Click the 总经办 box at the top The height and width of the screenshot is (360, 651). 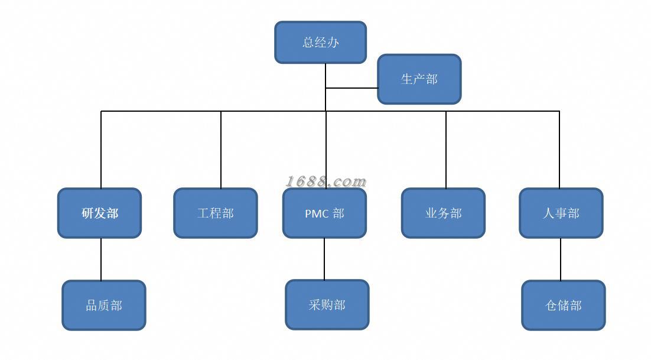point(320,43)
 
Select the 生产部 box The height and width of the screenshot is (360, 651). point(419,79)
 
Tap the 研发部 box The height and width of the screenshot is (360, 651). point(99,213)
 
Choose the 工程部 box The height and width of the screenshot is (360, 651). point(215,213)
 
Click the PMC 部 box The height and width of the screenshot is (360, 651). point(324,213)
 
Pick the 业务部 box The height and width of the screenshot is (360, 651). point(443,213)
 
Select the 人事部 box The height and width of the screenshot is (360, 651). point(561,213)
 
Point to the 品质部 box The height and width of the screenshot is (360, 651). point(104,306)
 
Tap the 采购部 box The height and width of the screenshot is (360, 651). point(327,305)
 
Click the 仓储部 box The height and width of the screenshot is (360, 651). point(563,306)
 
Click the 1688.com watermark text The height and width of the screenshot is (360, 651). point(326,181)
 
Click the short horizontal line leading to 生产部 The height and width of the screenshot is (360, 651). point(351,88)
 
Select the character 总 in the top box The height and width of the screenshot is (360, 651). point(308,43)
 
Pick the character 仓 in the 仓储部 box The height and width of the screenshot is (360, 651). point(551,306)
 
